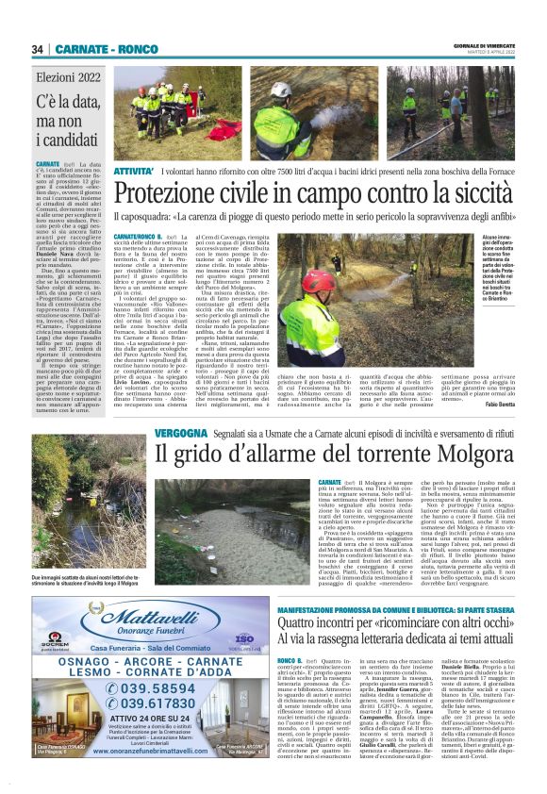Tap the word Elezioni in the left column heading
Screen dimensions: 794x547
pyautogui.click(x=58, y=79)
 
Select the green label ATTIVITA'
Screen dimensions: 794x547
pyautogui.click(x=133, y=171)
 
